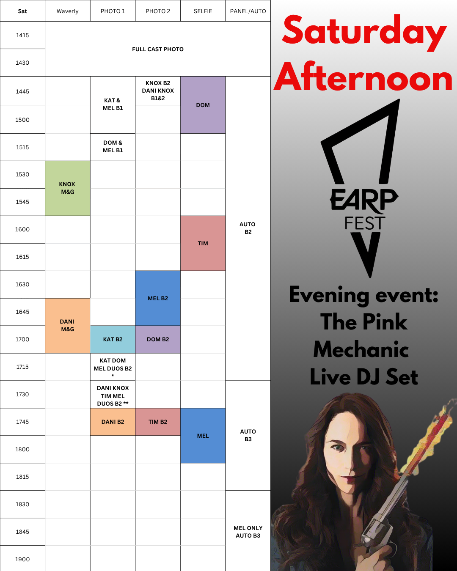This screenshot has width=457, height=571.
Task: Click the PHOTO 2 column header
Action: (x=158, y=11)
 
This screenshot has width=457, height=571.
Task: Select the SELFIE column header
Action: (x=203, y=11)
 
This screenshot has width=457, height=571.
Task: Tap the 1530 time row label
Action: (x=22, y=174)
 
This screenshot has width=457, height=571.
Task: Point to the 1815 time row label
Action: (x=22, y=477)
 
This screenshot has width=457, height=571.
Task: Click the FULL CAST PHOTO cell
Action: (x=158, y=49)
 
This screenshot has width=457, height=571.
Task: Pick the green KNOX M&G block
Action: (x=67, y=188)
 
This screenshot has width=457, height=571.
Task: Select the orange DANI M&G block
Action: (x=67, y=326)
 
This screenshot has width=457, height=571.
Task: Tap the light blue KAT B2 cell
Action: (x=113, y=339)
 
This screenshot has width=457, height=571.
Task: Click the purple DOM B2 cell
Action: (x=158, y=339)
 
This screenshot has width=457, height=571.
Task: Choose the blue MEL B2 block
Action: (x=158, y=298)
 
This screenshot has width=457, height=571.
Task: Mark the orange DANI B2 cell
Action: (x=113, y=422)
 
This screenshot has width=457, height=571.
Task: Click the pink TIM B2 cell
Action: (x=158, y=422)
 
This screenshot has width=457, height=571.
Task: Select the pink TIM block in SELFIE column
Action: (x=203, y=243)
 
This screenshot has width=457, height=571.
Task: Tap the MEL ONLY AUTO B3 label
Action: (x=248, y=532)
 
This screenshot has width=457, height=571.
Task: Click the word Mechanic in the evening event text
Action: (x=361, y=349)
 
